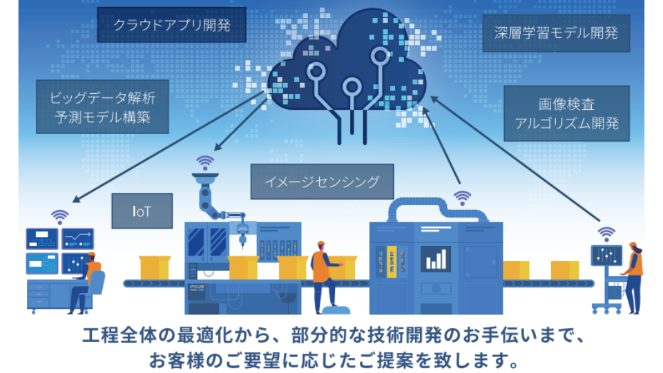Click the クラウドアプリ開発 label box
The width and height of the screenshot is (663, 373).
coord(171,26)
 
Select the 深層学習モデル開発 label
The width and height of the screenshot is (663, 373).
coord(556,33)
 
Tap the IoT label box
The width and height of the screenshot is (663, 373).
coord(142,211)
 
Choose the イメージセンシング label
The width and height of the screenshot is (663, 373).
coord(322,182)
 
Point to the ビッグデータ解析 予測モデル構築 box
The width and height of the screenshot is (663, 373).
coord(102,106)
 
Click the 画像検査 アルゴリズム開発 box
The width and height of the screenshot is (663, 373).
coord(566,115)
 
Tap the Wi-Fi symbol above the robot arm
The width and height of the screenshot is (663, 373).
coord(205,162)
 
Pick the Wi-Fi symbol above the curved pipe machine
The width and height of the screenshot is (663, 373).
coord(461,198)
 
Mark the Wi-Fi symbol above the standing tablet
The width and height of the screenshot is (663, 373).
coord(606,233)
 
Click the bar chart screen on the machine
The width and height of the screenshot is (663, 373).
coord(436,258)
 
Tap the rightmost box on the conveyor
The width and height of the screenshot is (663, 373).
coord(564,270)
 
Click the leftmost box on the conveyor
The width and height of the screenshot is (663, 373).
coord(154,268)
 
